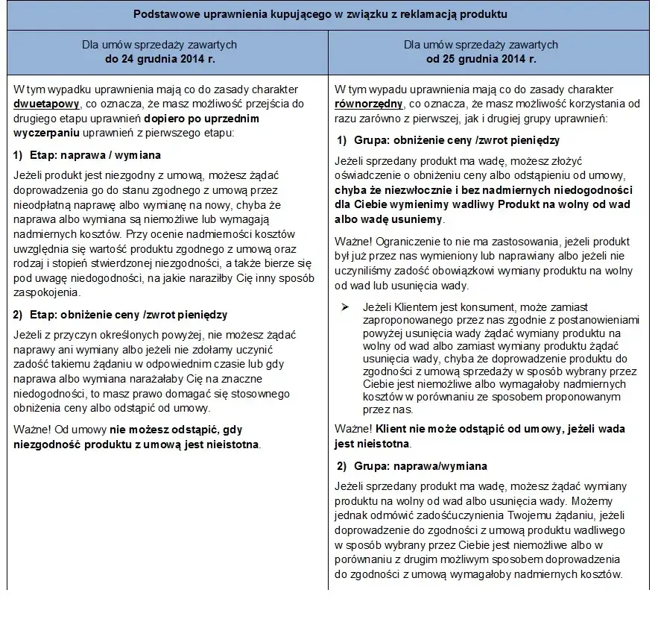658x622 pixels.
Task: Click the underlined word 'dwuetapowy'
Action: click(42, 104)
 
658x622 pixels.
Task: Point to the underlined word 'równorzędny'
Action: click(370, 104)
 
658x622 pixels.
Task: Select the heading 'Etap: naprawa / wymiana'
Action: click(95, 156)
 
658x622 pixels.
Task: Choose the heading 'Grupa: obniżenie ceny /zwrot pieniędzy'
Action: click(455, 139)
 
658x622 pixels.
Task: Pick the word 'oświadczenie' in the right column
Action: click(365, 175)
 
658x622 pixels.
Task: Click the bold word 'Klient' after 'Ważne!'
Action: click(392, 429)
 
